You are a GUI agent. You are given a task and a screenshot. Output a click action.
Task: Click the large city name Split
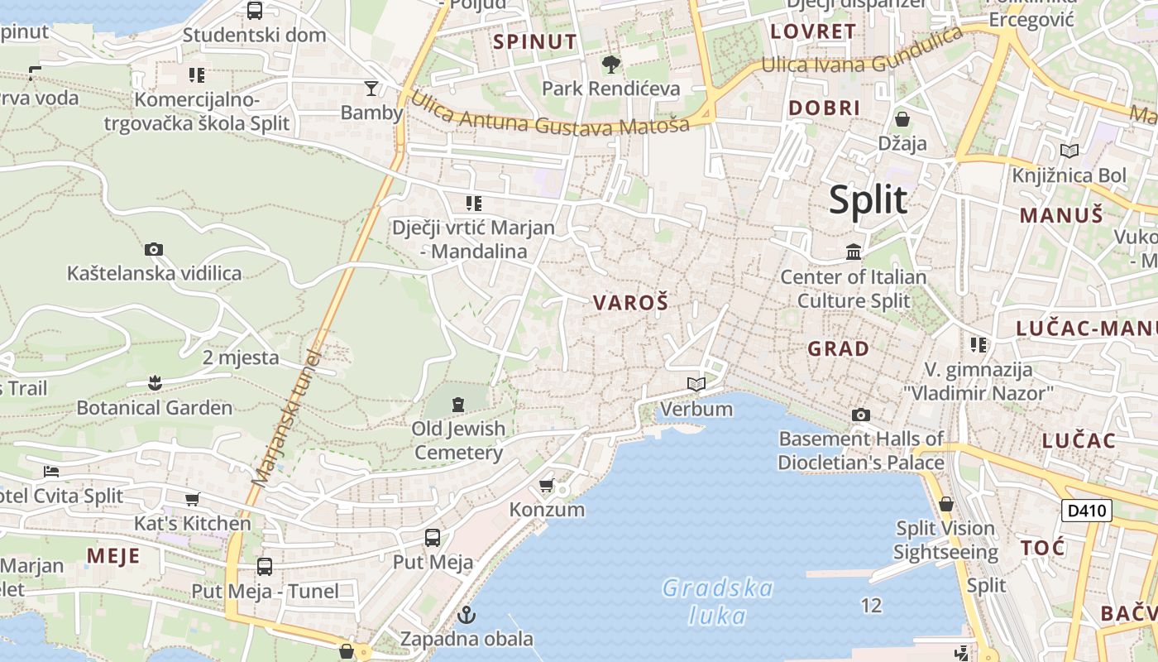pyautogui.click(x=868, y=200)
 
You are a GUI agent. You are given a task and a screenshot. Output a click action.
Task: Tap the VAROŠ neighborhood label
pyautogui.click(x=630, y=303)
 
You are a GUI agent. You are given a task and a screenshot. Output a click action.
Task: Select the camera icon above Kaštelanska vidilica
pyautogui.click(x=153, y=249)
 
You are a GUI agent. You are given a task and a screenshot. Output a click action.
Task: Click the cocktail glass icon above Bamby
pyautogui.click(x=371, y=88)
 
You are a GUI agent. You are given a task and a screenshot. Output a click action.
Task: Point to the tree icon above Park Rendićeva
pyautogui.click(x=610, y=64)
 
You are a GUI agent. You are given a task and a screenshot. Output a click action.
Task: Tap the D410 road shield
pyautogui.click(x=1087, y=511)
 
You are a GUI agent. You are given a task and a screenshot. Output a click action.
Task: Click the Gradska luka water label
pyautogui.click(x=718, y=602)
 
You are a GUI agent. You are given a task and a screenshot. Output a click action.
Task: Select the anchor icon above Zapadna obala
pyautogui.click(x=467, y=615)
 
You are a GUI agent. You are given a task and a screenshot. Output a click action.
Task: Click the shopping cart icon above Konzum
pyautogui.click(x=546, y=485)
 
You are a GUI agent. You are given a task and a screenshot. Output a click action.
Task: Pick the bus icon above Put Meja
pyautogui.click(x=432, y=538)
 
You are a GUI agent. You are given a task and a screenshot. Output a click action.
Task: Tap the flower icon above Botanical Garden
pyautogui.click(x=154, y=382)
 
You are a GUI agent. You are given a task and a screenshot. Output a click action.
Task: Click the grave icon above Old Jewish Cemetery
pyautogui.click(x=458, y=404)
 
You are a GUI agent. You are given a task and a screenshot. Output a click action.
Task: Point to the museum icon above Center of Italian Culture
pyautogui.click(x=853, y=251)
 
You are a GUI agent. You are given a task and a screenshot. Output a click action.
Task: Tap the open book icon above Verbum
pyautogui.click(x=696, y=384)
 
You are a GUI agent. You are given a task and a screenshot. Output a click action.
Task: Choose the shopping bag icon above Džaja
pyautogui.click(x=902, y=119)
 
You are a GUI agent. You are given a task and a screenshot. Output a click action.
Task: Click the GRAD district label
pyautogui.click(x=838, y=349)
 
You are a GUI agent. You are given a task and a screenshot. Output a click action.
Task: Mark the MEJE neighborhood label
pyautogui.click(x=113, y=555)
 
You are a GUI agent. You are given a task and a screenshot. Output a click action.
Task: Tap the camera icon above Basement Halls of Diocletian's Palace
pyautogui.click(x=860, y=415)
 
